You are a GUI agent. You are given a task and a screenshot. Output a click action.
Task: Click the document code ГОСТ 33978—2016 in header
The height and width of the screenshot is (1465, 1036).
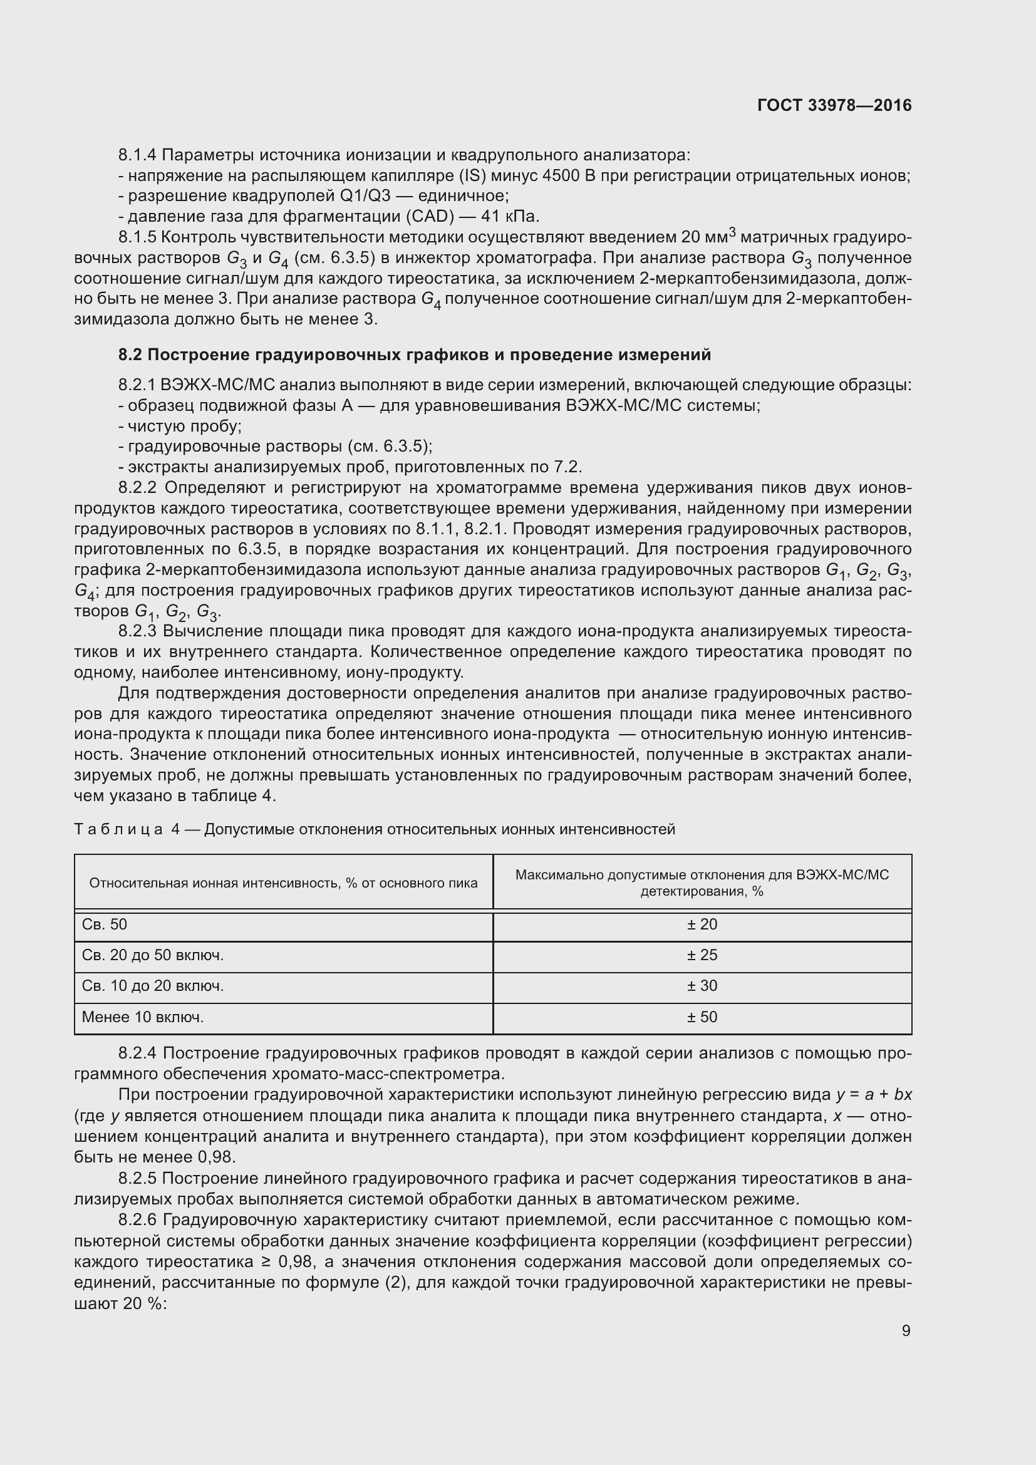(x=834, y=105)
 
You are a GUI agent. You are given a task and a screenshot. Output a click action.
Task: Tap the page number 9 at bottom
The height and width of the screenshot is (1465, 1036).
(x=906, y=1330)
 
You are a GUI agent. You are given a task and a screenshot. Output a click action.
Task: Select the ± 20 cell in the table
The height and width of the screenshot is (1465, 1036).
(x=702, y=924)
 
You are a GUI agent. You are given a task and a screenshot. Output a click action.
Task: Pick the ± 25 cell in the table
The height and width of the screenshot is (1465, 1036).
(x=702, y=955)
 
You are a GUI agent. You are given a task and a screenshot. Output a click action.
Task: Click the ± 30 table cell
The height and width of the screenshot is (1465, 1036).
(x=702, y=986)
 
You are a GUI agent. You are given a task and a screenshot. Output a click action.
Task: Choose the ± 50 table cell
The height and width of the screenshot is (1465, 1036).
(x=702, y=1017)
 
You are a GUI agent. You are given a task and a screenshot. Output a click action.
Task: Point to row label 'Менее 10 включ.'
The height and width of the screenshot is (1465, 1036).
(x=143, y=1017)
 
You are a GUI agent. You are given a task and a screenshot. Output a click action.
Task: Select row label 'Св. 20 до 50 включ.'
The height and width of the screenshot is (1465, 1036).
(x=153, y=955)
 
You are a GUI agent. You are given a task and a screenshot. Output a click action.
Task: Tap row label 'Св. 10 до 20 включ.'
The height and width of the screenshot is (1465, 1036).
(x=153, y=986)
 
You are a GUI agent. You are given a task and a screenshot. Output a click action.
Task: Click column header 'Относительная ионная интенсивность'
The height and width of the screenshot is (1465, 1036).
(x=283, y=883)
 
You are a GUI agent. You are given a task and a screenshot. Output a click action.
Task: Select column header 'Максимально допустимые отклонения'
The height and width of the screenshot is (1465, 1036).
(x=702, y=875)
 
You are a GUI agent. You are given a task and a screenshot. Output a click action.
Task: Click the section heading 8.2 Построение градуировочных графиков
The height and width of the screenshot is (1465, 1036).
(x=415, y=355)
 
